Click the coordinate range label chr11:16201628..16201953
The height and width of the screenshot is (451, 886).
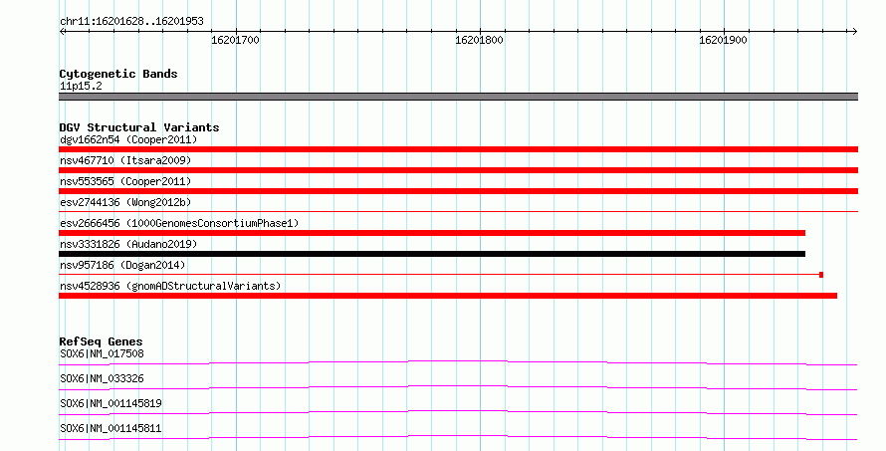(131, 22)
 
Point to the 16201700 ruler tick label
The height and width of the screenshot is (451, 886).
(235, 40)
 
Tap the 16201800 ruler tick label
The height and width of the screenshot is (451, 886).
(479, 40)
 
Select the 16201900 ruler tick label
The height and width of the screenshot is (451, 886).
(724, 40)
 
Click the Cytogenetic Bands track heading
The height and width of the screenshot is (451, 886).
(118, 74)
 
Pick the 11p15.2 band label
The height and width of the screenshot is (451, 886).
(81, 87)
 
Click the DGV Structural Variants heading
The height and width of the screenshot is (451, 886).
(139, 127)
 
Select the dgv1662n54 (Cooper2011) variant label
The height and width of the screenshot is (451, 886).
(128, 140)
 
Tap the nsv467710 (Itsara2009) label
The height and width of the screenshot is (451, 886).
(125, 161)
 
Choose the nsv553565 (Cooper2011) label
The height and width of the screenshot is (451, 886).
(125, 182)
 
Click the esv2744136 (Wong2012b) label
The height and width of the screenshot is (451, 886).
(125, 203)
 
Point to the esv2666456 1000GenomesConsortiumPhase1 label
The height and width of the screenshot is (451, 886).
(179, 224)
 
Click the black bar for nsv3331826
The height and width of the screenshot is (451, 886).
(432, 254)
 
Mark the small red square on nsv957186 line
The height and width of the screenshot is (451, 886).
(821, 275)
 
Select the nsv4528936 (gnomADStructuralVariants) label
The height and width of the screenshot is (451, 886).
(170, 287)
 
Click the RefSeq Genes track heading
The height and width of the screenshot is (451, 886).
(101, 341)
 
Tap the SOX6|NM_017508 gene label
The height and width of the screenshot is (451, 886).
(102, 354)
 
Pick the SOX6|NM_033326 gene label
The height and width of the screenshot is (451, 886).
(102, 379)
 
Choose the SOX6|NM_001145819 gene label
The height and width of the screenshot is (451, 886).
(111, 404)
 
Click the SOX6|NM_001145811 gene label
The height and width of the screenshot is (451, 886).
(111, 429)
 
